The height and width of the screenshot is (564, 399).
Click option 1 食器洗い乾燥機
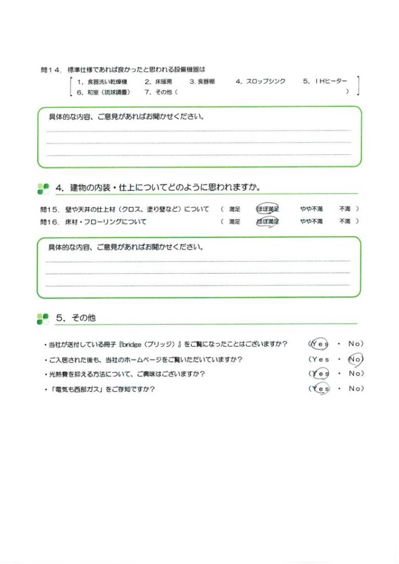point(104,82)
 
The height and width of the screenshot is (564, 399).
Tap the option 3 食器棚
point(202,82)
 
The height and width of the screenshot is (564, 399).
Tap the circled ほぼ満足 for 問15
point(267,209)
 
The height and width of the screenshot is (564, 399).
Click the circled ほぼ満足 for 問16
point(267,221)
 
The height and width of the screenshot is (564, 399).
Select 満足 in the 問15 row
point(234,209)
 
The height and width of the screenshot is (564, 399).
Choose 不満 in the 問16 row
point(344,221)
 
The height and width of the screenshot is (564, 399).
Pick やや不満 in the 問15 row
point(311,209)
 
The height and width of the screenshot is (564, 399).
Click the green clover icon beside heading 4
point(43,188)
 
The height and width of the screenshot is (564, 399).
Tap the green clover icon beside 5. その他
point(43,318)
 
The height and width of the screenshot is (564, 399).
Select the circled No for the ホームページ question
point(355,359)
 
